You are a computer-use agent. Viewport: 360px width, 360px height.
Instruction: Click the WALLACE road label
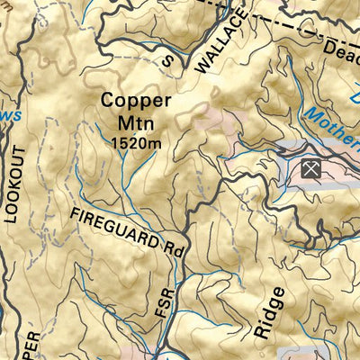click(x=219, y=41)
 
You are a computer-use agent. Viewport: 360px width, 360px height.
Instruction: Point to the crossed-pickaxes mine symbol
click(x=310, y=167)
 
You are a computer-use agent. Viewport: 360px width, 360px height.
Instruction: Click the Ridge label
click(x=268, y=312)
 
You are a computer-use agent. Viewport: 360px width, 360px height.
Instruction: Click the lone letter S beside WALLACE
click(x=166, y=58)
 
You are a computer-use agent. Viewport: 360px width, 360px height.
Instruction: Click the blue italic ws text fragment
click(x=9, y=116)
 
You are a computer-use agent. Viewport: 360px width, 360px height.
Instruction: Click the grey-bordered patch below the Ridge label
click(x=301, y=353)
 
